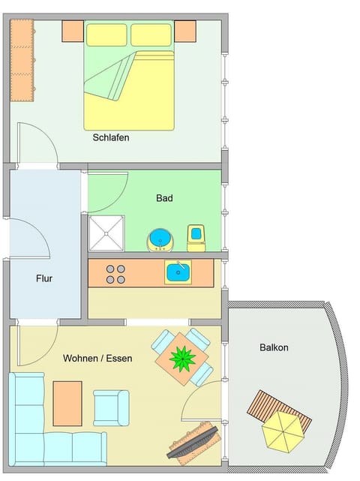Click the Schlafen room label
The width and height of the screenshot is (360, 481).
pyautogui.click(x=111, y=137)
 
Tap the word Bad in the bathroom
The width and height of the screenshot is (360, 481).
pyautogui.click(x=164, y=198)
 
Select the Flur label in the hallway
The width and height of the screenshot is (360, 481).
pyautogui.click(x=44, y=278)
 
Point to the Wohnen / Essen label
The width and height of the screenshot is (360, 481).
pyautogui.click(x=97, y=359)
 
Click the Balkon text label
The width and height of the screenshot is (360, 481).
pyautogui.click(x=274, y=347)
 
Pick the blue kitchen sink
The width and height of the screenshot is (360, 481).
pyautogui.click(x=178, y=272)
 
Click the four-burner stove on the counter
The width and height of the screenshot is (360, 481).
pyautogui.click(x=115, y=274)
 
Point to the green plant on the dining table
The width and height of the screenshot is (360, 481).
pyautogui.click(x=182, y=359)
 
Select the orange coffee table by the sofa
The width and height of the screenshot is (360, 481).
pyautogui.click(x=67, y=403)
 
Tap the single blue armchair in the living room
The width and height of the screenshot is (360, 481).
pyautogui.click(x=111, y=407)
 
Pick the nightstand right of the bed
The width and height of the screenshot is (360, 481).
pyautogui.click(x=185, y=31)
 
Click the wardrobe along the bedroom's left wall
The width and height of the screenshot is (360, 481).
pyautogui.click(x=22, y=61)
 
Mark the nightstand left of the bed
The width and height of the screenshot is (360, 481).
pyautogui.click(x=73, y=31)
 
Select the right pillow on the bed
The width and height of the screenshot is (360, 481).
pyautogui.click(x=151, y=35)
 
